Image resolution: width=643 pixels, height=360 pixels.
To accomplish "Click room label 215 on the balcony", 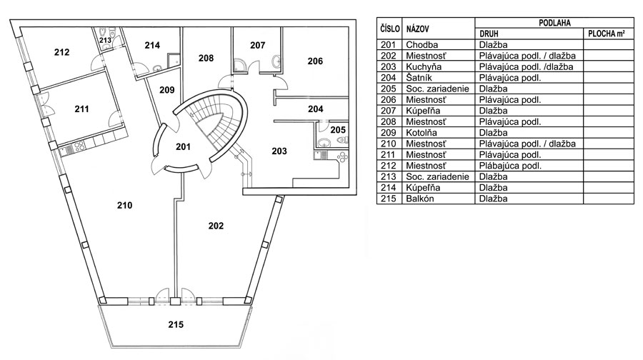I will pos(176,324).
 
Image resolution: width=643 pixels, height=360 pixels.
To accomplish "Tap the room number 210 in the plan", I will pos(125,206).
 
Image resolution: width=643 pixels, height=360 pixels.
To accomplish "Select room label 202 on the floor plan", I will pos(216,226).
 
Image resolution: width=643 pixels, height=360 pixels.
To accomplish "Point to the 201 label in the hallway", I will pos(184,147).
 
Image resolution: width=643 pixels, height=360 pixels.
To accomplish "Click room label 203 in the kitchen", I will pos(279,151).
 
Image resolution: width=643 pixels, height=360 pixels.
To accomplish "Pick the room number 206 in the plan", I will pos(315,61).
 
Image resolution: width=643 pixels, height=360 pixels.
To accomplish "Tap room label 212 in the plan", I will pos(61,52).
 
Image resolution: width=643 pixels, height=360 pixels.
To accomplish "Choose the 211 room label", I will pos(81,109).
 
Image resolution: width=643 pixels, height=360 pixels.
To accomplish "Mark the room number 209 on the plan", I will pos(167,90).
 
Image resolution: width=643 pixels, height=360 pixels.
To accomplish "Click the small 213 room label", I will pos(105,41).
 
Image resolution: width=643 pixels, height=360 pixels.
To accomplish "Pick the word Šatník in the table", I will pos(420,78).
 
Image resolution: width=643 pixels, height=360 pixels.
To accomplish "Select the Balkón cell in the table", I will pos(421,199).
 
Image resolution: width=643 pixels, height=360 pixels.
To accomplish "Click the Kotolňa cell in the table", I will pos(423,133).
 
